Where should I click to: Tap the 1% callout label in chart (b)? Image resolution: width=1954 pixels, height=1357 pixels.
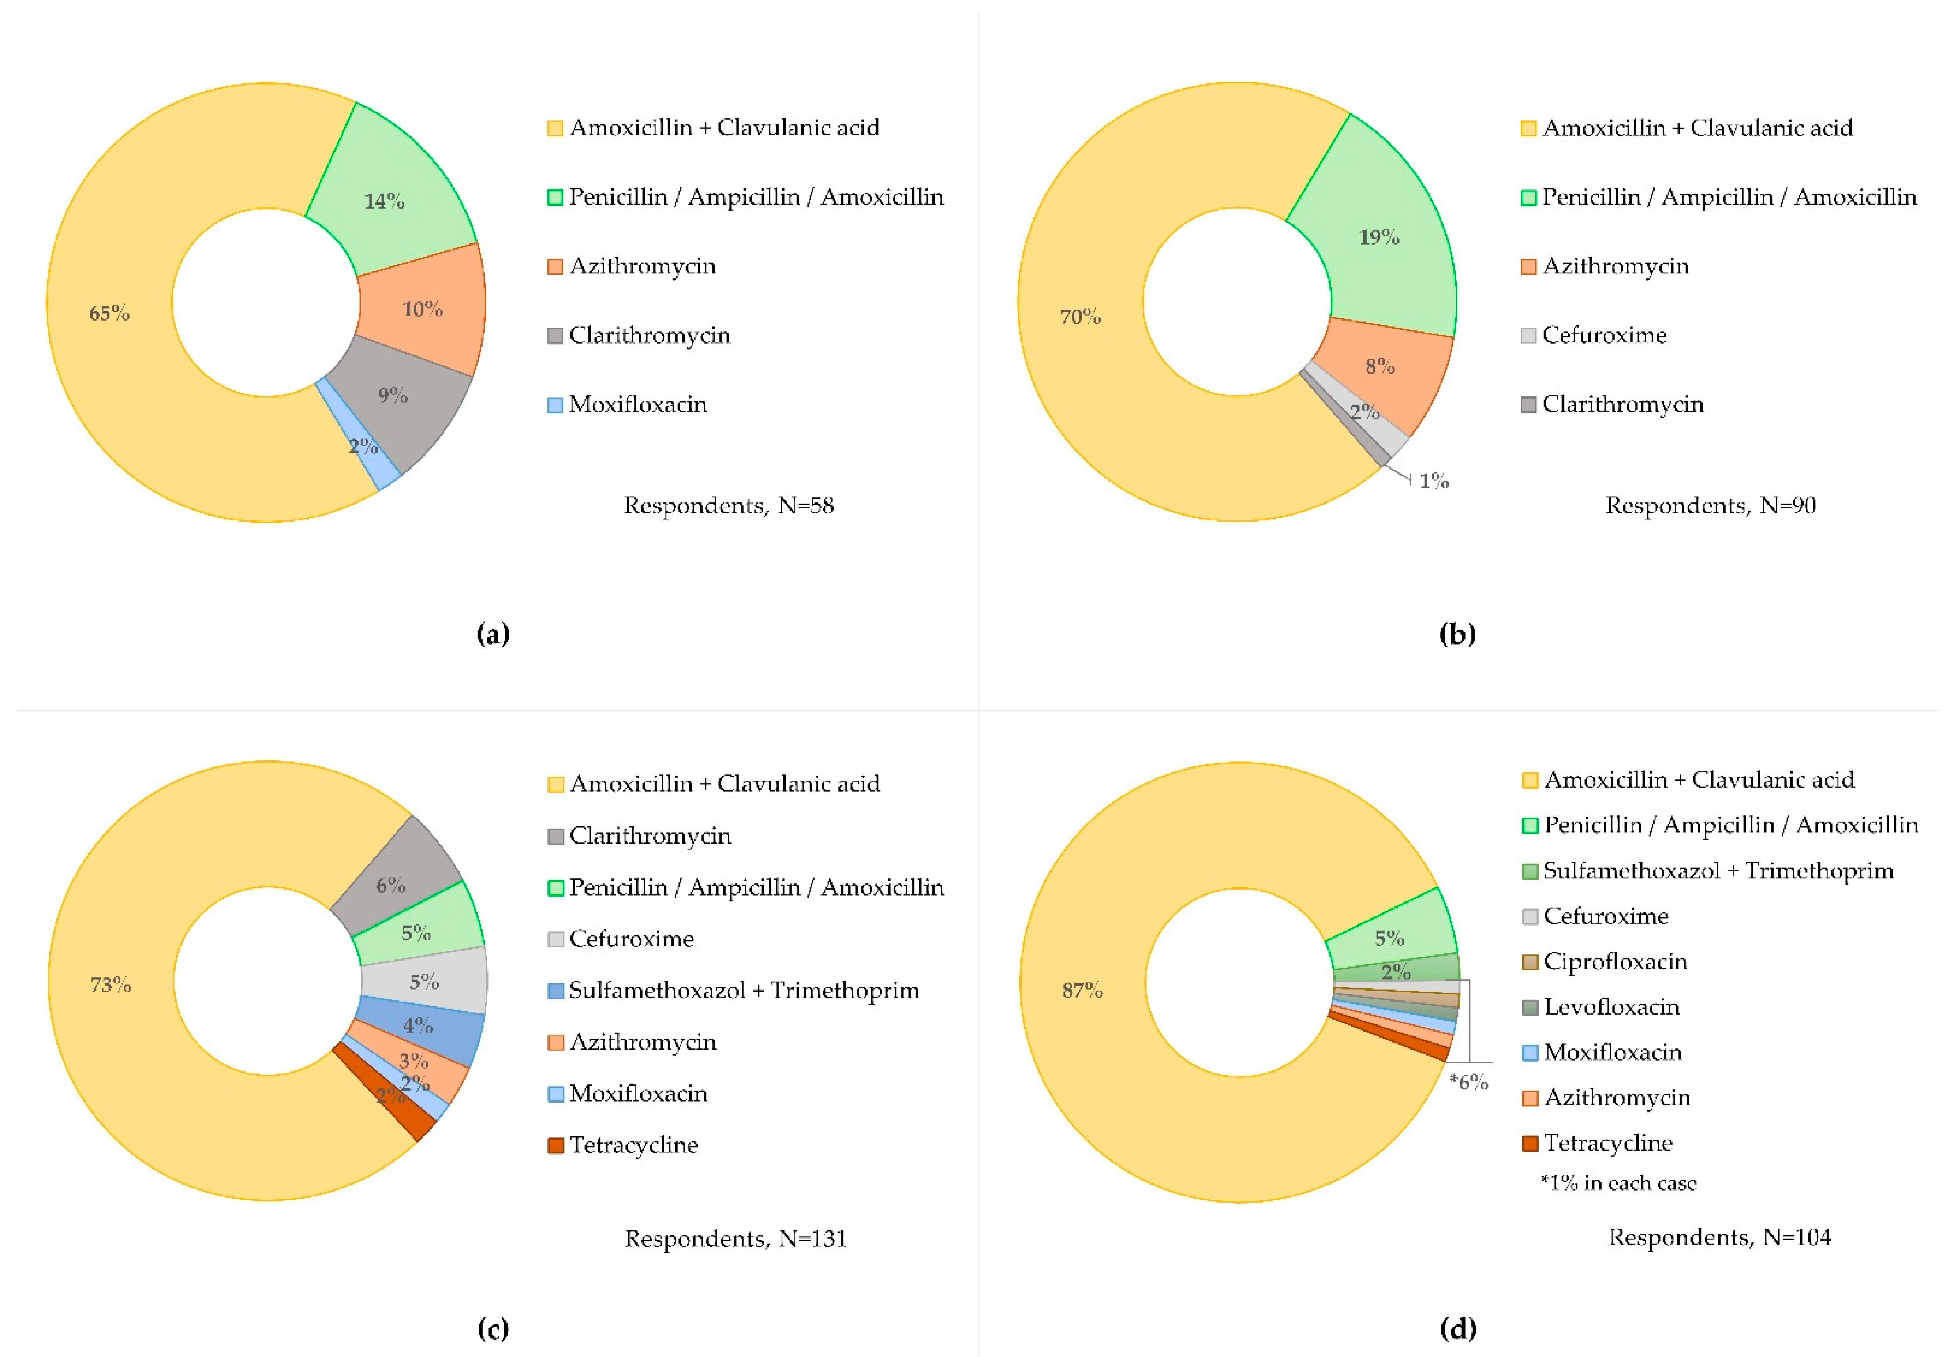tap(1434, 481)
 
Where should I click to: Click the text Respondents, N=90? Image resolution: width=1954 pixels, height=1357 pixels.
tap(1710, 506)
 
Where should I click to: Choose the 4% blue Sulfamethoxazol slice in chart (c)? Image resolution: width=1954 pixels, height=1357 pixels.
tap(418, 1029)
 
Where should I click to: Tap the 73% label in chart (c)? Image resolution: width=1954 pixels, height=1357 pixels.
tap(111, 985)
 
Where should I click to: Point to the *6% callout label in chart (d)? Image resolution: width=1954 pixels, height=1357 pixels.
tap(1468, 1082)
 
